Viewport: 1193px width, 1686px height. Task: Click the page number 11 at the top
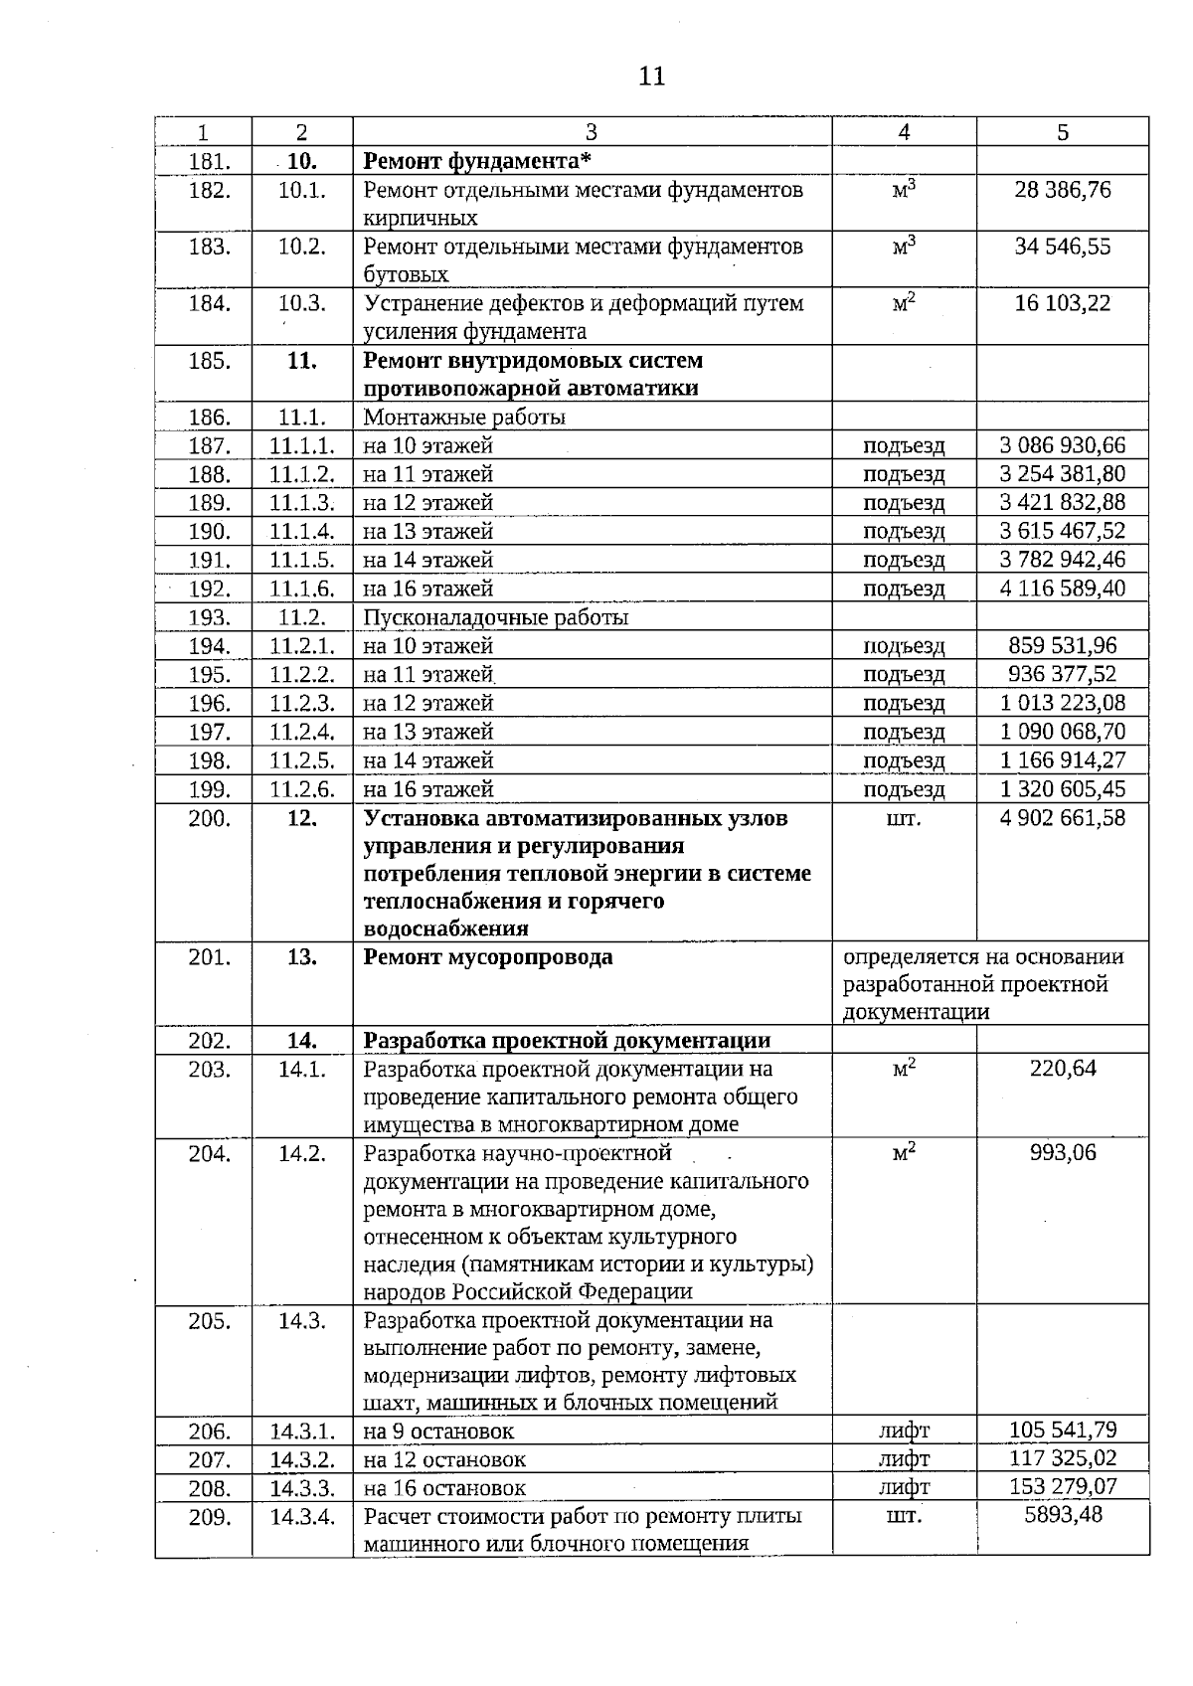651,77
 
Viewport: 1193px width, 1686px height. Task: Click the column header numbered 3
592,132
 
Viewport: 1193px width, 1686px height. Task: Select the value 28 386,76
1062,190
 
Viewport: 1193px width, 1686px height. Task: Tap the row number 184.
209,304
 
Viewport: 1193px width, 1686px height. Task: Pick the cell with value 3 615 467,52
1062,531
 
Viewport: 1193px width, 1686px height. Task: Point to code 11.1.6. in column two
302,589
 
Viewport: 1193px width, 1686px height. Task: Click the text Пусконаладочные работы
495,617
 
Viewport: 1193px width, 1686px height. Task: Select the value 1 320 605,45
1062,789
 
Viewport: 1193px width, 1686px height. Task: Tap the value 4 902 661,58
1062,818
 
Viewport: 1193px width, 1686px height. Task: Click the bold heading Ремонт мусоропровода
488,957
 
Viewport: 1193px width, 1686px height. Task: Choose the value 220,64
1063,1070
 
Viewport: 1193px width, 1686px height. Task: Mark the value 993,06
1063,1153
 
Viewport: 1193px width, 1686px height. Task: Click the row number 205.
209,1321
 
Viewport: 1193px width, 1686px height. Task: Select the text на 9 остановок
438,1433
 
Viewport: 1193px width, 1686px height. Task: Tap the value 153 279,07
1062,1487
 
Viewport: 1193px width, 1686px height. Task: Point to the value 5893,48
1063,1516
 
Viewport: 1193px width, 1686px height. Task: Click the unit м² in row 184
904,304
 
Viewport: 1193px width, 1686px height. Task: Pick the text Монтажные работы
464,418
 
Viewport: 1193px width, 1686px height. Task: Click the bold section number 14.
302,1041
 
